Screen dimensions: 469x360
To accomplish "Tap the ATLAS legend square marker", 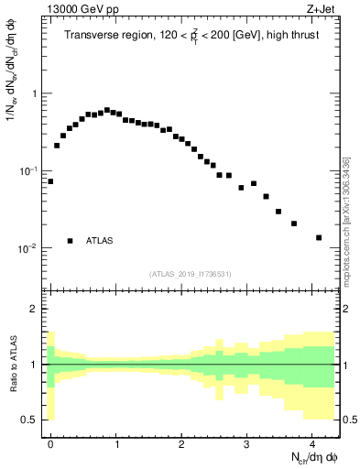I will [x=70, y=241].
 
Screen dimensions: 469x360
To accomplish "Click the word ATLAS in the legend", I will [x=100, y=241].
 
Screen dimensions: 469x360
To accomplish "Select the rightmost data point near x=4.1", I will [x=319, y=237].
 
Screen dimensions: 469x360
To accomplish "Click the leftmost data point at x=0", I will [x=50, y=181].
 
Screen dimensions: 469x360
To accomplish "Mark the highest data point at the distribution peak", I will [x=107, y=110].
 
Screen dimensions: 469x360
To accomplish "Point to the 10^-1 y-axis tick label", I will [x=31, y=171].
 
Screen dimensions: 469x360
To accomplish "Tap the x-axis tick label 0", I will [x=50, y=442].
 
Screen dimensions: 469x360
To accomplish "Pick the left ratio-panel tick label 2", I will [x=35, y=309].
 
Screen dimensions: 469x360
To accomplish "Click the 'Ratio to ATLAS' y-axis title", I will [x=12, y=364].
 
